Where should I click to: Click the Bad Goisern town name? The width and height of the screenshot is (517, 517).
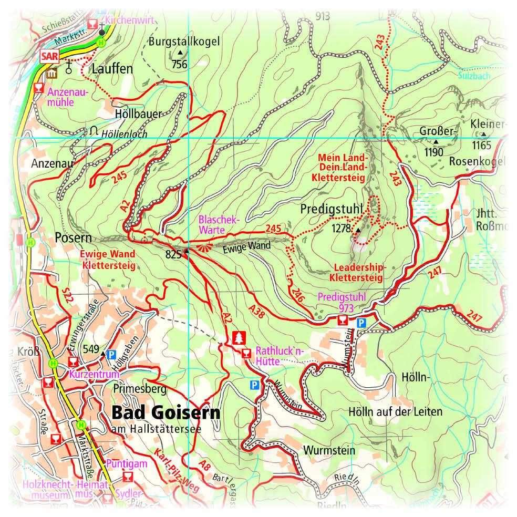pos(166,413)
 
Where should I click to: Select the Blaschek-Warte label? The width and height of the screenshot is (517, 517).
pos(219,224)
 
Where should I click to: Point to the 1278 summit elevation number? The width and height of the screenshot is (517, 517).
pos(342,229)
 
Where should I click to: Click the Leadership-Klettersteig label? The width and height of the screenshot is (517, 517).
pos(357,272)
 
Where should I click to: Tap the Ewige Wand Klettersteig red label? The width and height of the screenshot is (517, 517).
pos(107,260)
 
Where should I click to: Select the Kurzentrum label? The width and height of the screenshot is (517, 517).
pos(94,375)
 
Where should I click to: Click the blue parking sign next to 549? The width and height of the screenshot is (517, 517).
pos(111,355)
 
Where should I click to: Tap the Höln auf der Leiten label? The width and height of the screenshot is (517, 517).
pos(395,411)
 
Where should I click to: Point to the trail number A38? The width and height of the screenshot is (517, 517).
pos(258,311)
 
